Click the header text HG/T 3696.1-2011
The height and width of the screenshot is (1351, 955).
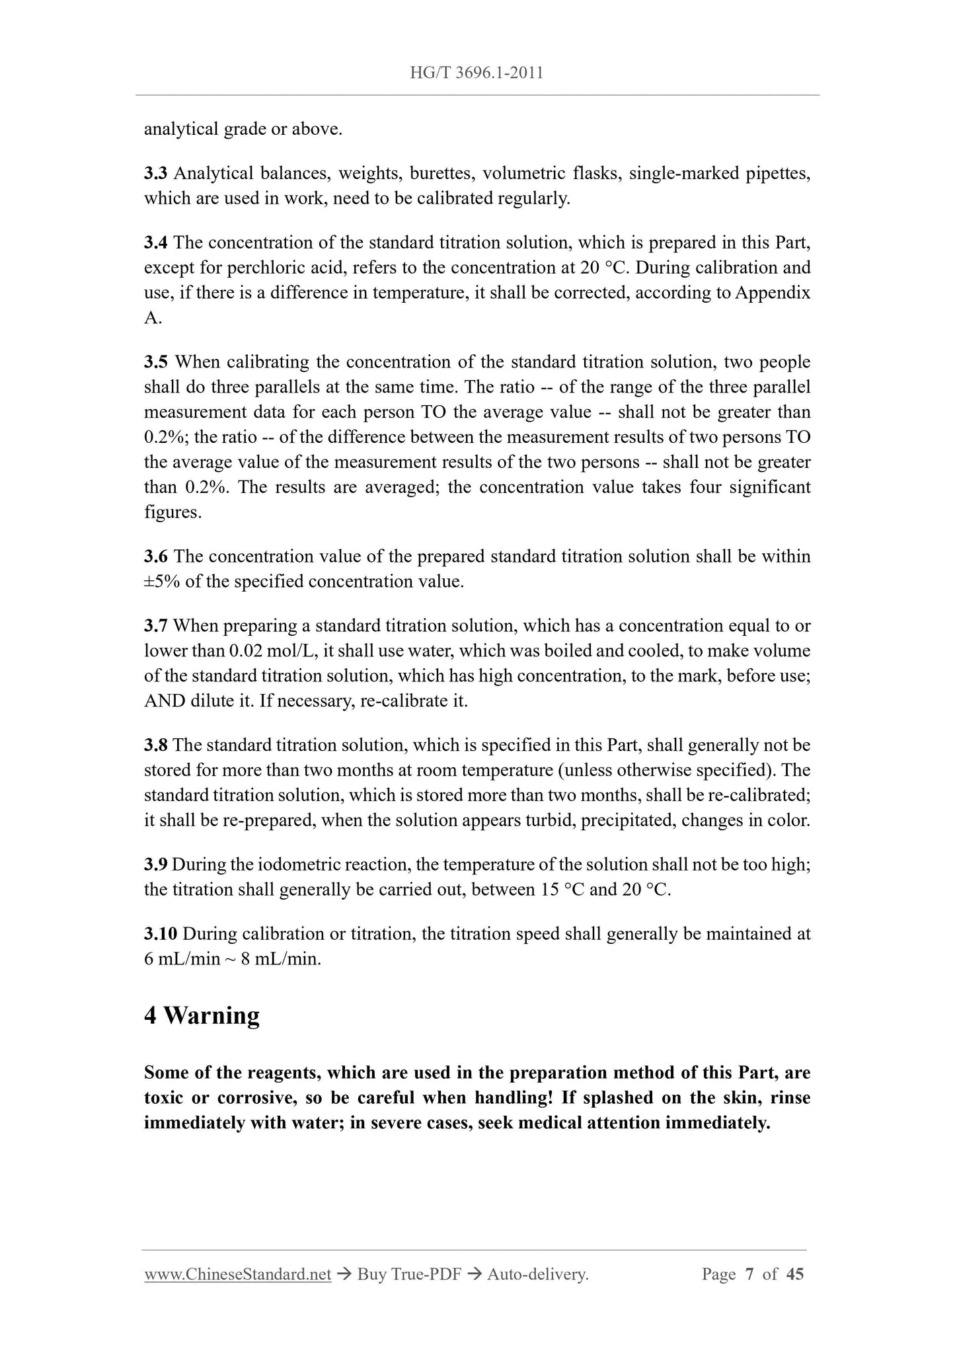point(477,73)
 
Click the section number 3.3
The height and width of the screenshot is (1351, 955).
point(156,174)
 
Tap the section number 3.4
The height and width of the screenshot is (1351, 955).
point(156,243)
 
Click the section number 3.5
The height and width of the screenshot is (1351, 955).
point(156,362)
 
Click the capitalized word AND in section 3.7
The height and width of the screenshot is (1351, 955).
point(165,701)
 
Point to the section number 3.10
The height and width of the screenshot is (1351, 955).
point(161,934)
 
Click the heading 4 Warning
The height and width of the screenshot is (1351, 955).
point(202,1016)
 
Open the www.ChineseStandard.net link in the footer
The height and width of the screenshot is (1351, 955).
point(237,1275)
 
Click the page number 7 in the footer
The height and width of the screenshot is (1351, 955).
point(749,1275)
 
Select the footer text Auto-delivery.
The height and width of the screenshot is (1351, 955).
point(537,1275)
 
